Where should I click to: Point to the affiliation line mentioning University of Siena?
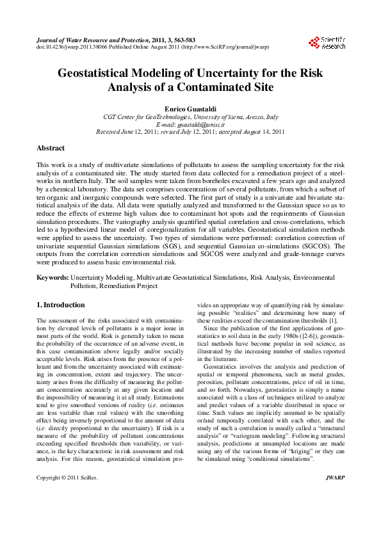click(190, 117)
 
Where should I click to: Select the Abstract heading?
click(51, 148)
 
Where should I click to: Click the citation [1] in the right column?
click(334, 320)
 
